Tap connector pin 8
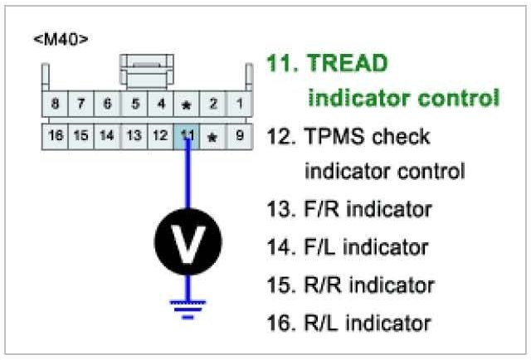point(56,104)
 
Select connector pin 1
point(240,104)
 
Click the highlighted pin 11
point(188,135)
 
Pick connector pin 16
point(56,135)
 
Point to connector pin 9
point(240,135)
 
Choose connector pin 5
point(134,104)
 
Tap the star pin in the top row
point(188,105)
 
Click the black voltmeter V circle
point(188,240)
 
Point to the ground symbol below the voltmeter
point(188,308)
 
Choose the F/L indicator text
point(367,246)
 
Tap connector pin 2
point(213,104)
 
